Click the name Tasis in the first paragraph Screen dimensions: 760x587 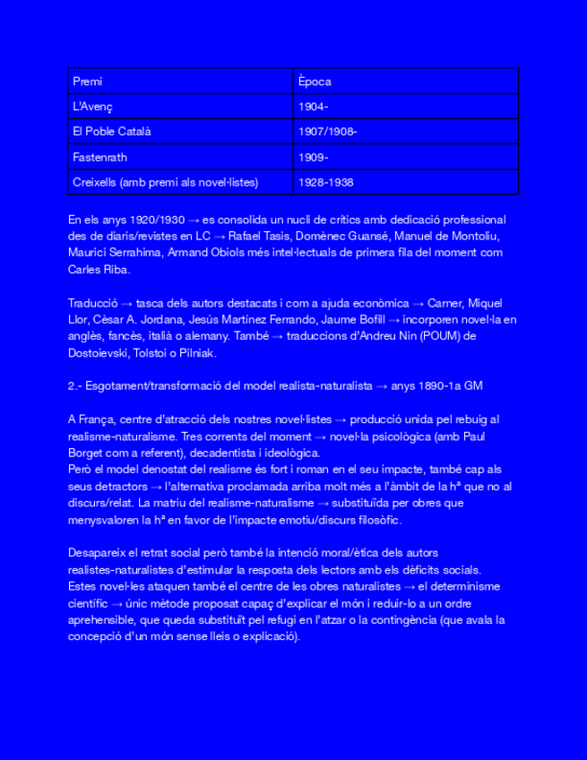(x=277, y=236)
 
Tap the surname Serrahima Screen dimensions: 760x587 (x=134, y=253)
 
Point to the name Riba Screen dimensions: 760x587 (x=117, y=269)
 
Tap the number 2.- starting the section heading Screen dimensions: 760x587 (x=74, y=386)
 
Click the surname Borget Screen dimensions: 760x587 (x=88, y=453)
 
